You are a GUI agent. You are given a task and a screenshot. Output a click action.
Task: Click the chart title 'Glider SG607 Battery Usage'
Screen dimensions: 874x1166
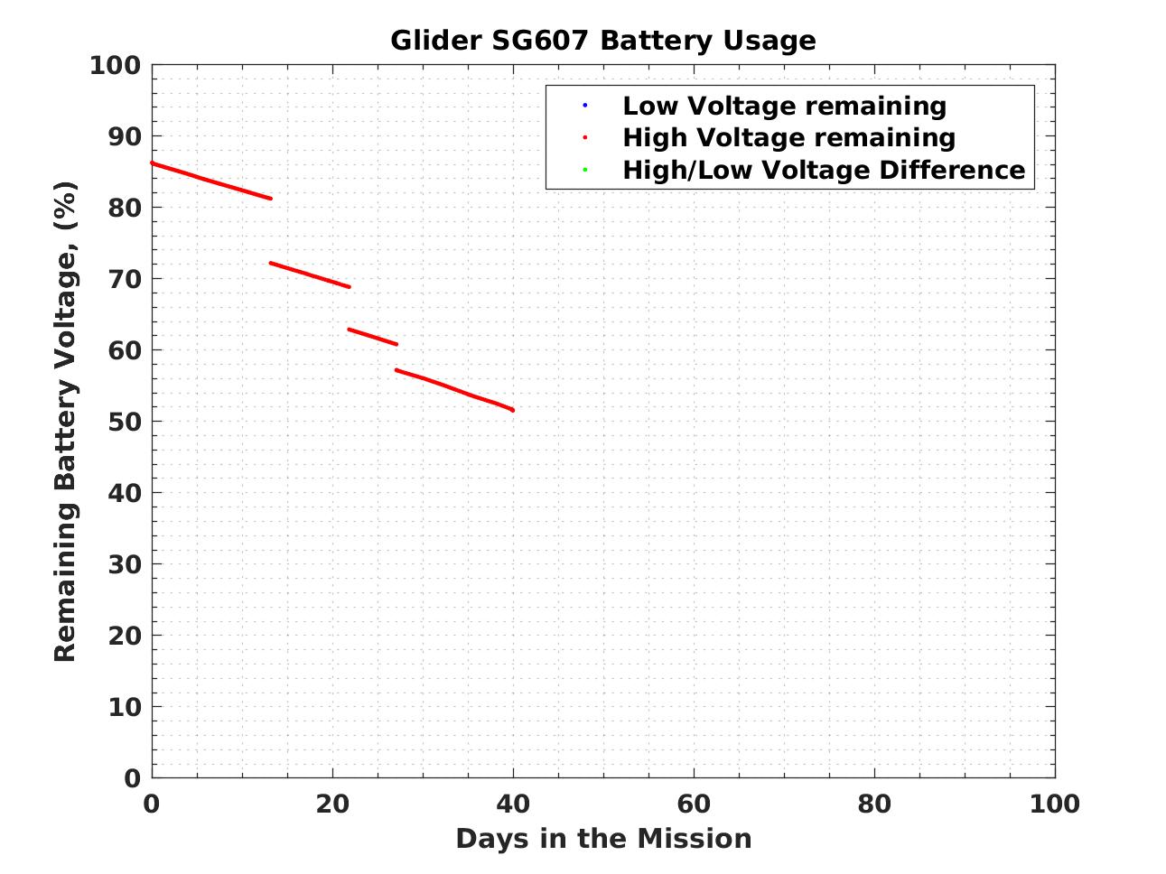tap(602, 41)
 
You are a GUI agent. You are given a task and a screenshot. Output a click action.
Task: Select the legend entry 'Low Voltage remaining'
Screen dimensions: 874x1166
tap(784, 106)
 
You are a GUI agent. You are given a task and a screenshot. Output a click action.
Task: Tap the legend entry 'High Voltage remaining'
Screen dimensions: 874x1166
tap(788, 137)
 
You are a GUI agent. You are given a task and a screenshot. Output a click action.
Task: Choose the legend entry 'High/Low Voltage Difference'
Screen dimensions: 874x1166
tap(824, 170)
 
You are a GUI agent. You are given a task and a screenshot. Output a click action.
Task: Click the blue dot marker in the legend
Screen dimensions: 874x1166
tap(584, 106)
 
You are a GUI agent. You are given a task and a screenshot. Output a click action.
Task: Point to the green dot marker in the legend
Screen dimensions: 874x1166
tap(584, 170)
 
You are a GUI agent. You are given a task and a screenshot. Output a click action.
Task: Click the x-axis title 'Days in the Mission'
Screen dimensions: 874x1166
tap(603, 839)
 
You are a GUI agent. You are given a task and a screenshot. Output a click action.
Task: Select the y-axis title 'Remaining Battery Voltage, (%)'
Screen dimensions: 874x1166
tap(65, 421)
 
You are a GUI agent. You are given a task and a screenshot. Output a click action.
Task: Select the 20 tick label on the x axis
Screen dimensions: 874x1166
tap(332, 804)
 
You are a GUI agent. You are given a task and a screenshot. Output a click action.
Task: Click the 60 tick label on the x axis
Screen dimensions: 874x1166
tap(694, 804)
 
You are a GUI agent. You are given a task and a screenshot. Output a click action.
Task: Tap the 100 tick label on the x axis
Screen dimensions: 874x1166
tap(1054, 804)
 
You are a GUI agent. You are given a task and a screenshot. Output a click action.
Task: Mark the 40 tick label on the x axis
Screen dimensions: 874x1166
tap(513, 804)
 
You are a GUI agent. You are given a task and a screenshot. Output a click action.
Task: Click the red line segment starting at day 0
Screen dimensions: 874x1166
tap(210, 181)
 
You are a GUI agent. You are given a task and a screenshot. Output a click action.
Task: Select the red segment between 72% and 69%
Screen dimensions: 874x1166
tap(310, 275)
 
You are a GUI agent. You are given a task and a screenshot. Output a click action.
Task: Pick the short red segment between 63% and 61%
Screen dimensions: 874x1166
tap(372, 337)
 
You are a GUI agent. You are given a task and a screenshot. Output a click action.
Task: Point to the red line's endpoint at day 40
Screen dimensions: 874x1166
tap(512, 410)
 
